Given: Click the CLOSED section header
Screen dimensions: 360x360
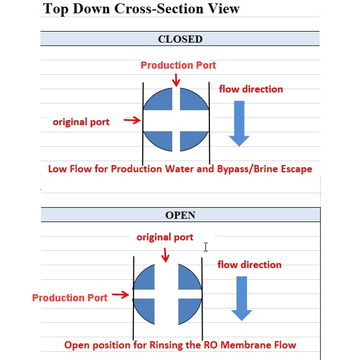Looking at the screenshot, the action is pos(180,39).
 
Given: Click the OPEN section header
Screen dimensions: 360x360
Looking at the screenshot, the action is pos(180,215).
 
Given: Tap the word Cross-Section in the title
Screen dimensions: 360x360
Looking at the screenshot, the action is pos(158,9).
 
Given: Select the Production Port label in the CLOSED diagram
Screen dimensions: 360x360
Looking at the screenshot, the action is pos(178,65).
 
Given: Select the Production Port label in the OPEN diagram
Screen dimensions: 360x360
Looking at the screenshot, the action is pos(70,298).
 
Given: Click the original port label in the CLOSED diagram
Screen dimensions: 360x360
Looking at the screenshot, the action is pos(81,122).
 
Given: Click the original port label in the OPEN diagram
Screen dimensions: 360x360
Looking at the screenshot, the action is pos(165,237).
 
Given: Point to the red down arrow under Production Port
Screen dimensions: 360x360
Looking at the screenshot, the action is pos(176,80).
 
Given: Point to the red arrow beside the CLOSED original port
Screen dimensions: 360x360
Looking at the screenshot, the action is pos(132,120).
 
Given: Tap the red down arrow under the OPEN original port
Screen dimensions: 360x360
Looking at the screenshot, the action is pos(165,255).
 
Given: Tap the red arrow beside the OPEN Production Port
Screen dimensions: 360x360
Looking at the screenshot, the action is pos(121,295).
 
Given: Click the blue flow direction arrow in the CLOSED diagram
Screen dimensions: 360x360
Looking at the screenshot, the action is pos(239,124).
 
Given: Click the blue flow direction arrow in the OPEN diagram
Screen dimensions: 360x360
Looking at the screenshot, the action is pos(241,299).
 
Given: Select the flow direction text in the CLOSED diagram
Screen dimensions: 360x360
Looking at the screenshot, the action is pos(251,89).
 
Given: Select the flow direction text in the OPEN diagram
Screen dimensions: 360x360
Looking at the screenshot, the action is pos(250,265).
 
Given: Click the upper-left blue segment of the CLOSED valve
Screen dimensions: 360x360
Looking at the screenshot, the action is pos(160,100).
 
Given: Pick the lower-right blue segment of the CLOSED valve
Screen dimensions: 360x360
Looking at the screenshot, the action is pos(192,141).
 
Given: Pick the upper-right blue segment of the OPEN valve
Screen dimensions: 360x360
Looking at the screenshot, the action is pos(188,278).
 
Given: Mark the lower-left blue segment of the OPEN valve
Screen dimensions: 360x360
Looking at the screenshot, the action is pos(145,310).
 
